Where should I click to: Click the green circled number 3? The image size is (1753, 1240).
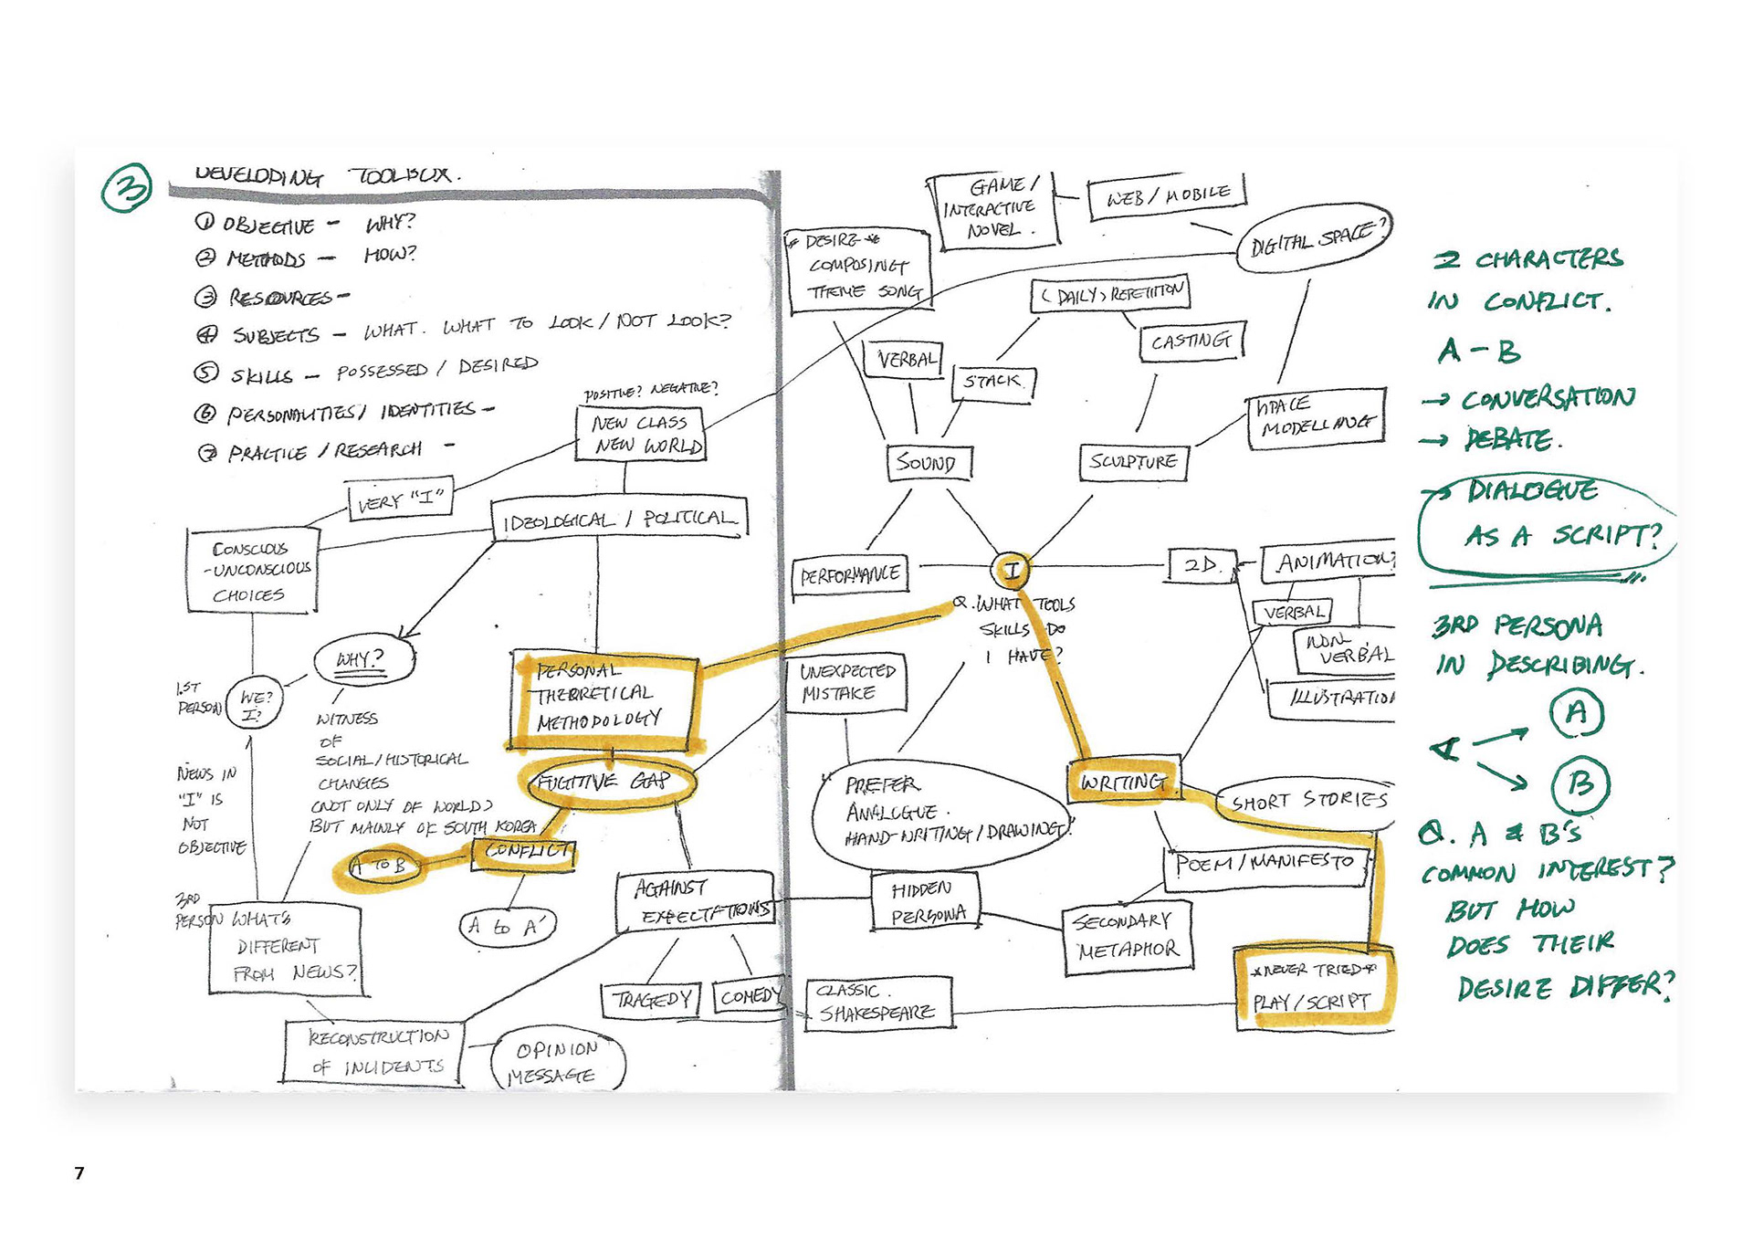(127, 187)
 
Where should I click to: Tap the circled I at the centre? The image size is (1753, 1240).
(1011, 572)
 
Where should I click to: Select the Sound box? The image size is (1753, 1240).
(929, 463)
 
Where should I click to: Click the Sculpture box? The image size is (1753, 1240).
(1133, 462)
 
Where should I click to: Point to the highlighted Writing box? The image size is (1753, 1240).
(1123, 782)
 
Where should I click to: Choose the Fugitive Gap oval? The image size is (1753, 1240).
(606, 783)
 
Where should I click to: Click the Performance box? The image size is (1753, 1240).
(850, 575)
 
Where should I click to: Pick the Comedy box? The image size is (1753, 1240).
(748, 996)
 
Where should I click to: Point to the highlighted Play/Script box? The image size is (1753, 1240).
(1314, 989)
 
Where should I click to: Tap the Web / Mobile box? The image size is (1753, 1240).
(1167, 195)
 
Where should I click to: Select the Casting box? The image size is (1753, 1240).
(1191, 342)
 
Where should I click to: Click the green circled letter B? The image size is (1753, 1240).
(1580, 784)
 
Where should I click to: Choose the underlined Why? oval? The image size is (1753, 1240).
(362, 659)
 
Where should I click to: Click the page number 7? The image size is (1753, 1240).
(79, 1172)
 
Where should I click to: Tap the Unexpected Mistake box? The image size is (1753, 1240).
(846, 682)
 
